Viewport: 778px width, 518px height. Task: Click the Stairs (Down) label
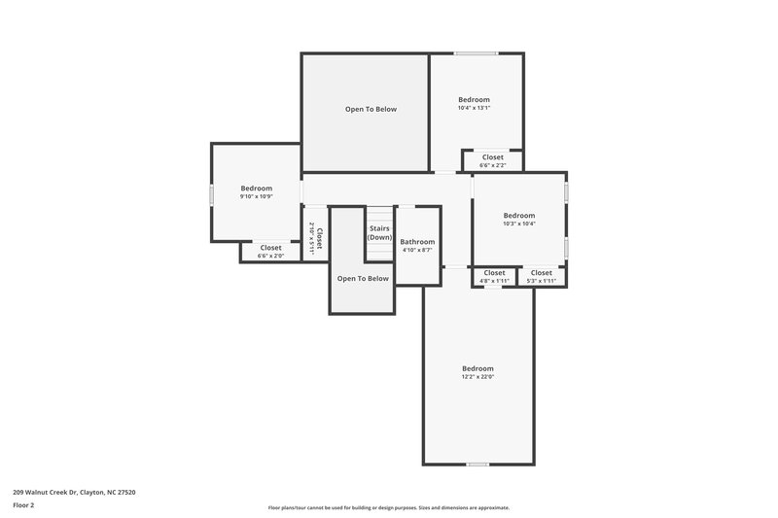379,233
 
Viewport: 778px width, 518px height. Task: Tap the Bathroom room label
418,242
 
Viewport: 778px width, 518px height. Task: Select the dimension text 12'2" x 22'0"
477,377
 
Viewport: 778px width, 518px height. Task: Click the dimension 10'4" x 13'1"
475,108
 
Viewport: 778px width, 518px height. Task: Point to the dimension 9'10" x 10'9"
257,196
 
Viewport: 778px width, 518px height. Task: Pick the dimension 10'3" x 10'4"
519,224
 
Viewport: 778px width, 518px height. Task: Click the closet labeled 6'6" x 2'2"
493,160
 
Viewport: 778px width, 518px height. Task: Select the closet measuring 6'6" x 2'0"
270,252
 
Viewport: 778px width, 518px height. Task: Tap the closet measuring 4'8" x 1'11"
494,277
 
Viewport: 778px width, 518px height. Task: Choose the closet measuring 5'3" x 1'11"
542,277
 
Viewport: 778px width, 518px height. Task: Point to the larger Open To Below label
371,109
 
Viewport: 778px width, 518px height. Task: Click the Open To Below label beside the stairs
363,279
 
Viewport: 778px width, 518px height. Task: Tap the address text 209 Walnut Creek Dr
74,493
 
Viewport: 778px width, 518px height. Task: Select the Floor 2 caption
24,505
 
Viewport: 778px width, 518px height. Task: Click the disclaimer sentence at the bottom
389,507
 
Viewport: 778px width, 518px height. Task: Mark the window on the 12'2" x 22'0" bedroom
477,465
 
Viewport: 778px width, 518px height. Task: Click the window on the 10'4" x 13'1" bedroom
477,53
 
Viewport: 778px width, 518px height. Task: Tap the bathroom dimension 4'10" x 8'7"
418,251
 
